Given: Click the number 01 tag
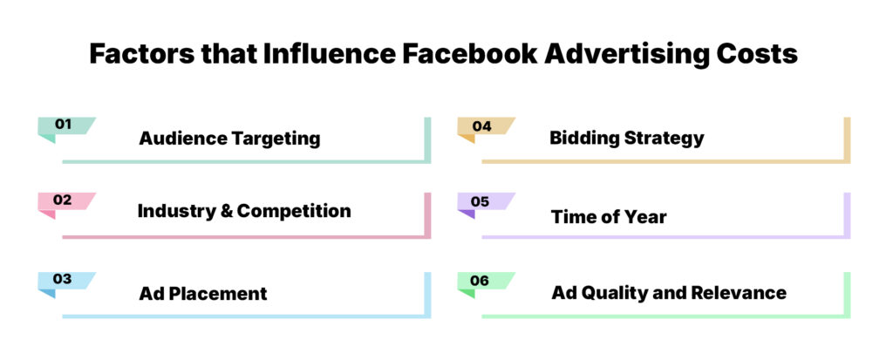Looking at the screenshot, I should point(64,125).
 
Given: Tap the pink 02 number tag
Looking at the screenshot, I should point(63,200).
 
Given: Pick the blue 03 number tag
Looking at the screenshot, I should point(63,279).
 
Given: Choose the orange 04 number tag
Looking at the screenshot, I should point(482,126).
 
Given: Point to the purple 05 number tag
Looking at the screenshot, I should point(481,201).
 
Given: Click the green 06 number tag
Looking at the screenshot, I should point(481,281).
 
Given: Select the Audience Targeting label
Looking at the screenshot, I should point(229,139).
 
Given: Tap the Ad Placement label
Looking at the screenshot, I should point(203,294).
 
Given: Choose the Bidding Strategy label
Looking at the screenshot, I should point(626,139).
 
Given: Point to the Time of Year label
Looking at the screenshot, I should point(608,217).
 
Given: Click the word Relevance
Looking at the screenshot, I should point(743,293).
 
